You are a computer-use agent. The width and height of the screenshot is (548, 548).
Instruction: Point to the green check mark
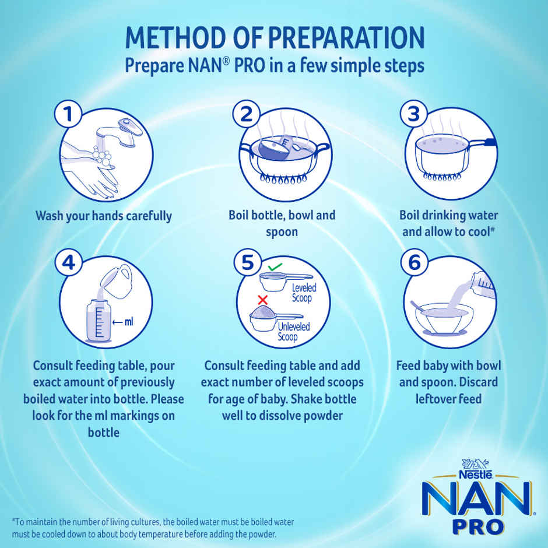point(275,267)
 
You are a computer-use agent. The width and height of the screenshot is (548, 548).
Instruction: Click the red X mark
point(262,300)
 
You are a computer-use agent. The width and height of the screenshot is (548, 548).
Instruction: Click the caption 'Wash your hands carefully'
point(104,216)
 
